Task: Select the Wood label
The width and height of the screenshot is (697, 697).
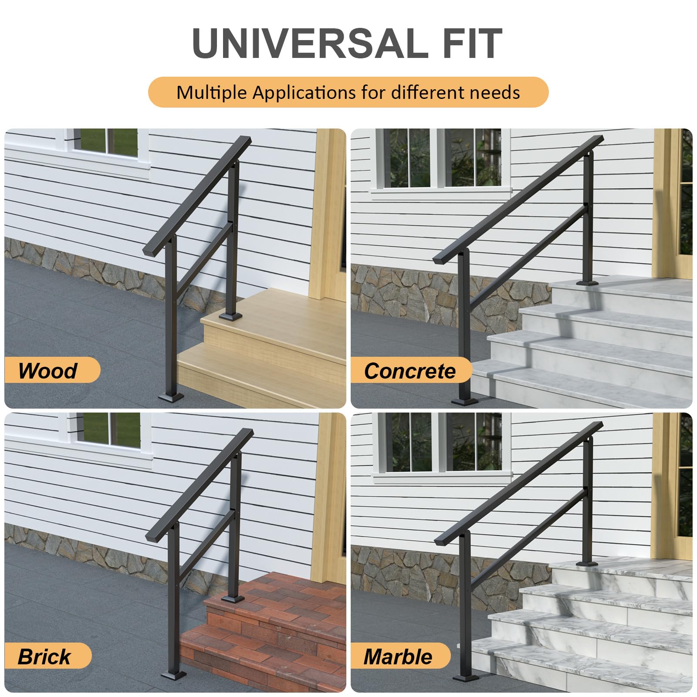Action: point(48,371)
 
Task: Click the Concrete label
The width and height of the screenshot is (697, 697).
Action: point(409,371)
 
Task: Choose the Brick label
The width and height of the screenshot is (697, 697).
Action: point(44,656)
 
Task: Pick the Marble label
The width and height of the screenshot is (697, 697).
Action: point(398,656)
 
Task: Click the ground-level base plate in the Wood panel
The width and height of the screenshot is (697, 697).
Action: point(171,397)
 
